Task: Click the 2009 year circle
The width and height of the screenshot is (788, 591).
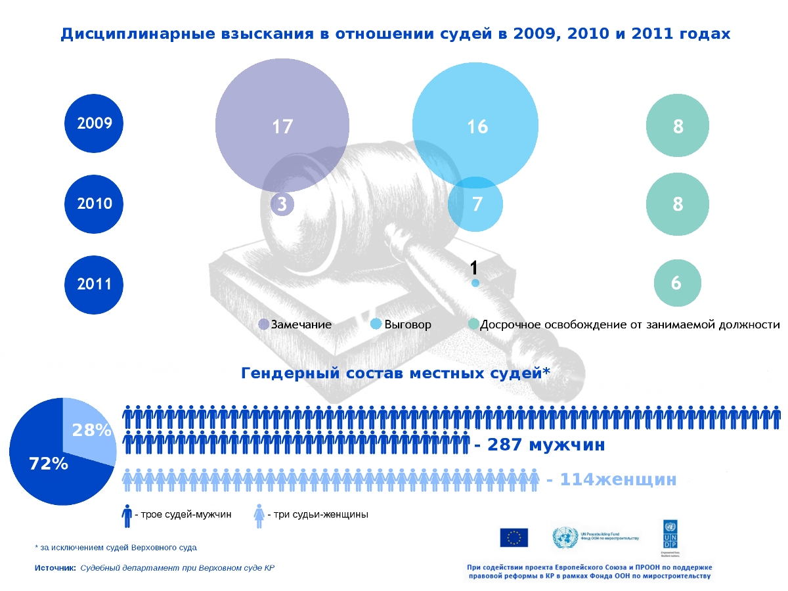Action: coord(95,123)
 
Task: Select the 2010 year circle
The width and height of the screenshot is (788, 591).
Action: coord(95,204)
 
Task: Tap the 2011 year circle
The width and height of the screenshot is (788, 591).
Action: coord(95,284)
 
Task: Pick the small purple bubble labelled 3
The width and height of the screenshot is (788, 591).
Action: coord(282,204)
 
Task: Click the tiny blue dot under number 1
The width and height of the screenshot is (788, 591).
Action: coord(475,283)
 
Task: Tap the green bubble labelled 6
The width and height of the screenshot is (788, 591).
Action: coord(677,283)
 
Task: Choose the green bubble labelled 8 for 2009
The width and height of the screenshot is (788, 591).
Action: coord(678,126)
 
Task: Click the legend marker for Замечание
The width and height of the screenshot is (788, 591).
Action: coord(264,324)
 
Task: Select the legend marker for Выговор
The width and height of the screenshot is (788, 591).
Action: coord(376,324)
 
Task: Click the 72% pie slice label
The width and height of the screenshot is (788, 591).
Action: coord(49,464)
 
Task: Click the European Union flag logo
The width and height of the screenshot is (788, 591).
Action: coord(514,537)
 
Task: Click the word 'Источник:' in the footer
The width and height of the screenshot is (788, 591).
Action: coord(55,567)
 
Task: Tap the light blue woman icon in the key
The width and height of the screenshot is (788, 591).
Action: coord(259,516)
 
